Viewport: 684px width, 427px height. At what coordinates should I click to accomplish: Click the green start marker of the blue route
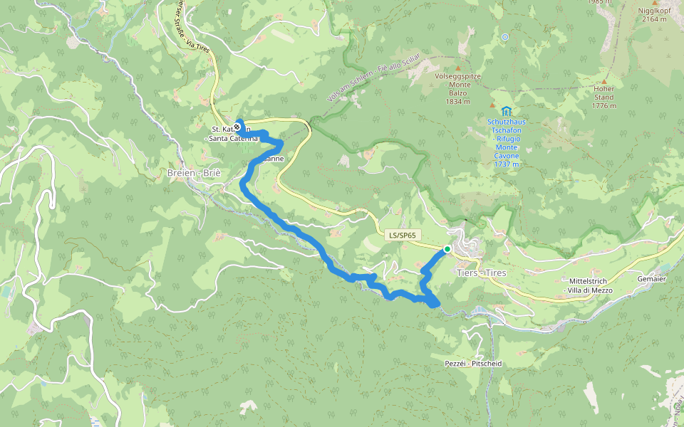[x=447, y=249]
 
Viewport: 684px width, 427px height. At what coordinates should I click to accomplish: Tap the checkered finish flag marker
[x=237, y=127]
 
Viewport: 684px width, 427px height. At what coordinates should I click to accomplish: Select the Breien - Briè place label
[x=194, y=173]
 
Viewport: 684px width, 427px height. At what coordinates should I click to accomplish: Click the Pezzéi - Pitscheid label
[x=472, y=363]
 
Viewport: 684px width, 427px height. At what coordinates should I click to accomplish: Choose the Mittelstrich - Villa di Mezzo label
[x=589, y=285]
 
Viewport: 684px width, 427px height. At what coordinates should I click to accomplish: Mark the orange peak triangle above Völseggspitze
[x=458, y=69]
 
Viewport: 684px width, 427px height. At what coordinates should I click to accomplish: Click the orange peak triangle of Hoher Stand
[x=603, y=81]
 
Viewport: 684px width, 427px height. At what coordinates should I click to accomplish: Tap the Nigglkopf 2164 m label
[x=654, y=15]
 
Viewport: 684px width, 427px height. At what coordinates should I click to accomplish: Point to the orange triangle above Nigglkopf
[x=654, y=2]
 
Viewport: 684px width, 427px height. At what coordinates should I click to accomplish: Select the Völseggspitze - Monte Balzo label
[x=458, y=89]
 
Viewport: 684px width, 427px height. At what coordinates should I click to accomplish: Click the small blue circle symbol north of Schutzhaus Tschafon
[x=505, y=37]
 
